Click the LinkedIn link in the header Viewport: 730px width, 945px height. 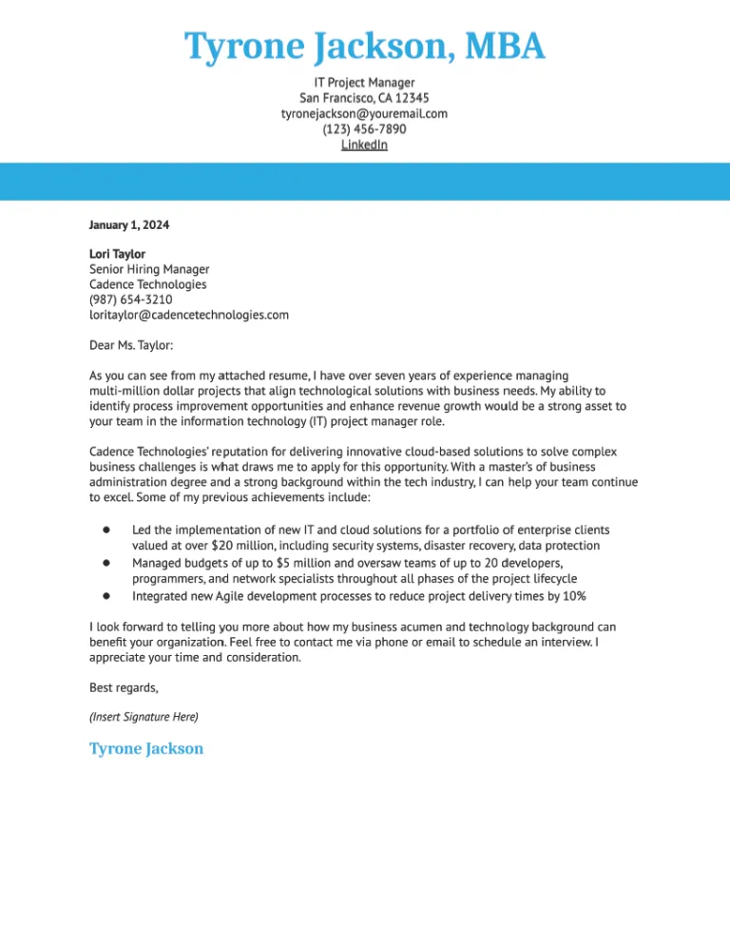[364, 145]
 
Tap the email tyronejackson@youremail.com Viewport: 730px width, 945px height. [364, 113]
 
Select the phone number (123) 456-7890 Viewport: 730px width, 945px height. [364, 129]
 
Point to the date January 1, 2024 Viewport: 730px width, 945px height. [129, 225]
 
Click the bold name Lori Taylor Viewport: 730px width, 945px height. [117, 254]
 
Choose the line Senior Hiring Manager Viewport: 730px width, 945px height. [149, 269]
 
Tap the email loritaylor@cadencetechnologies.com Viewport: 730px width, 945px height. [189, 315]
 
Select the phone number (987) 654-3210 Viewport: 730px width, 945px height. [131, 299]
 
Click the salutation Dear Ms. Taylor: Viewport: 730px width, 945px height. [131, 346]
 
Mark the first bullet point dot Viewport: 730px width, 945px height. [108, 530]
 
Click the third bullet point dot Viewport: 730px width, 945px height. [108, 596]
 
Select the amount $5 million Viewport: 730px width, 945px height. [294, 563]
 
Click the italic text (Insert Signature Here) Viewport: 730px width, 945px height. [144, 716]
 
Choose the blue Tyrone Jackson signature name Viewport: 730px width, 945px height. [146, 748]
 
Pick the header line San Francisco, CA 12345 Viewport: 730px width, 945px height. [364, 98]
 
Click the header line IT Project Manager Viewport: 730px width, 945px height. [364, 83]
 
